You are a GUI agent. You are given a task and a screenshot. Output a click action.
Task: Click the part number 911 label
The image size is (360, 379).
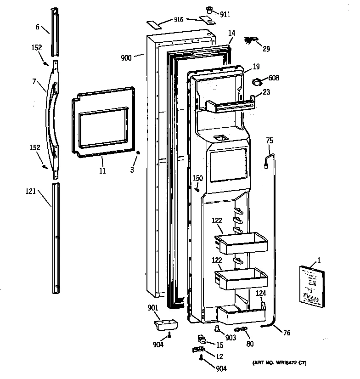tap(225, 14)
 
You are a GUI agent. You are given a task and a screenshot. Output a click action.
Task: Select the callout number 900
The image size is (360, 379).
tap(126, 58)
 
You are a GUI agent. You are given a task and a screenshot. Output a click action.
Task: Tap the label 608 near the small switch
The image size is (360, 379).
tap(274, 78)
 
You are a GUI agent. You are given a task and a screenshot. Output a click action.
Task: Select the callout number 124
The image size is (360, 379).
tap(261, 293)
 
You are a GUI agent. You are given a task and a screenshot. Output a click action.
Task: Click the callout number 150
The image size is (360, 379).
tap(197, 178)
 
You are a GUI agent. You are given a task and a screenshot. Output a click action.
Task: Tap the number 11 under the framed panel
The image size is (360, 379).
tap(102, 171)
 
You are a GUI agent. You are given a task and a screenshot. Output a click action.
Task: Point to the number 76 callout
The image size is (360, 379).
tap(287, 333)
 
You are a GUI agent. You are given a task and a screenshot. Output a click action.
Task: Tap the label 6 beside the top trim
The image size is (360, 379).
tap(38, 27)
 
